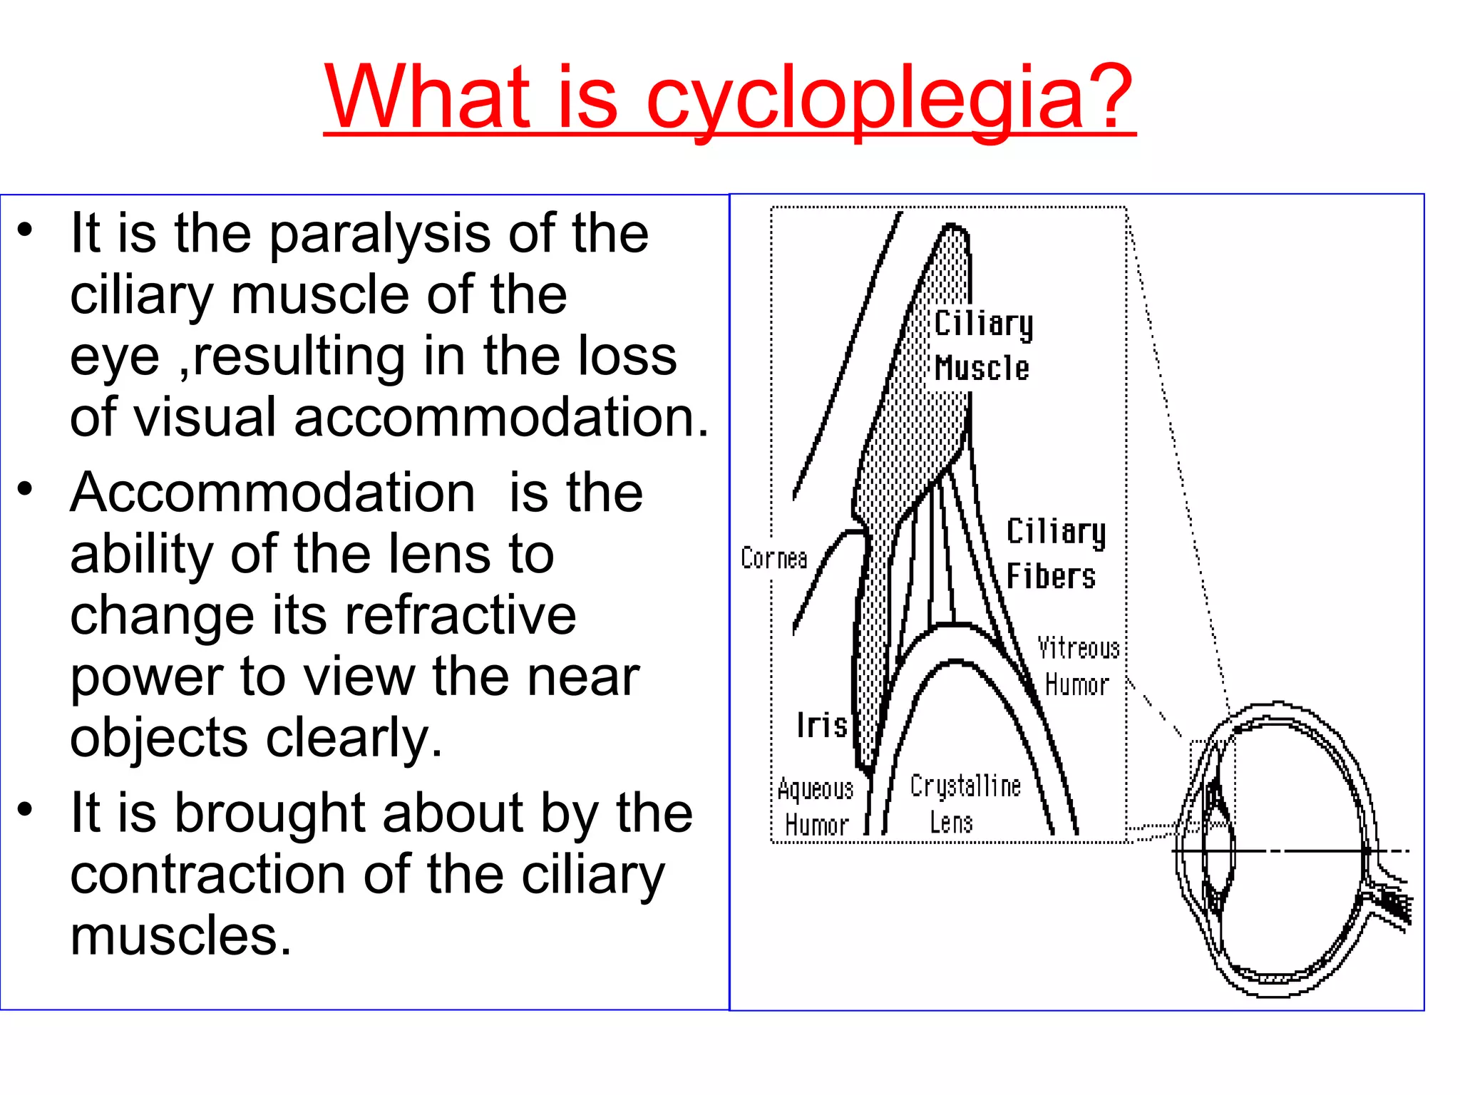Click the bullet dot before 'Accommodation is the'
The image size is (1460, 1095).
pos(26,490)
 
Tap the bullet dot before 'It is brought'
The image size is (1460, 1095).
pos(26,810)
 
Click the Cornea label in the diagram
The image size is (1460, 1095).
pos(773,558)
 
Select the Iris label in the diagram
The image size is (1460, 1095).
pos(821,726)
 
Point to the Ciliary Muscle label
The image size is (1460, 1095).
pos(983,346)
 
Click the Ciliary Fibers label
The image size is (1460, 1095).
pos(1055,554)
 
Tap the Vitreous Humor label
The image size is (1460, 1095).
pos(1078,667)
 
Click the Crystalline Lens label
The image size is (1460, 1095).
pos(965,804)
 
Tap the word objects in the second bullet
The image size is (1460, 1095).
pos(159,739)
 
